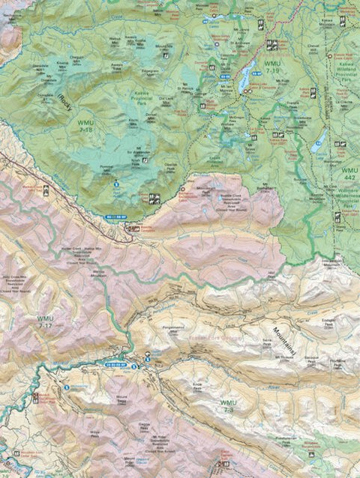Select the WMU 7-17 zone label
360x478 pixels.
coord(46,322)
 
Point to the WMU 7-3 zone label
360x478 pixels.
coord(229,405)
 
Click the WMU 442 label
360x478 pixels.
coord(349,174)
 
